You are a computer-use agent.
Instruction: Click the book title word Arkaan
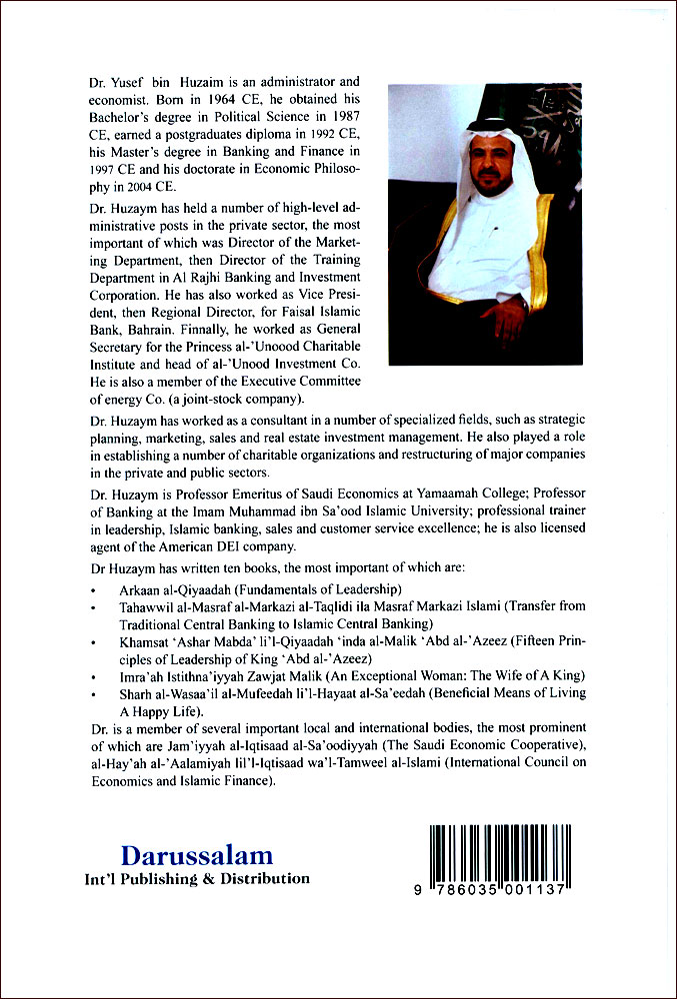142,588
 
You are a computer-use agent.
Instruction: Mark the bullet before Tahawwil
93,607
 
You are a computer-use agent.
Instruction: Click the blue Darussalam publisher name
197,855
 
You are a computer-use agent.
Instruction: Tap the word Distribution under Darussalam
263,879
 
